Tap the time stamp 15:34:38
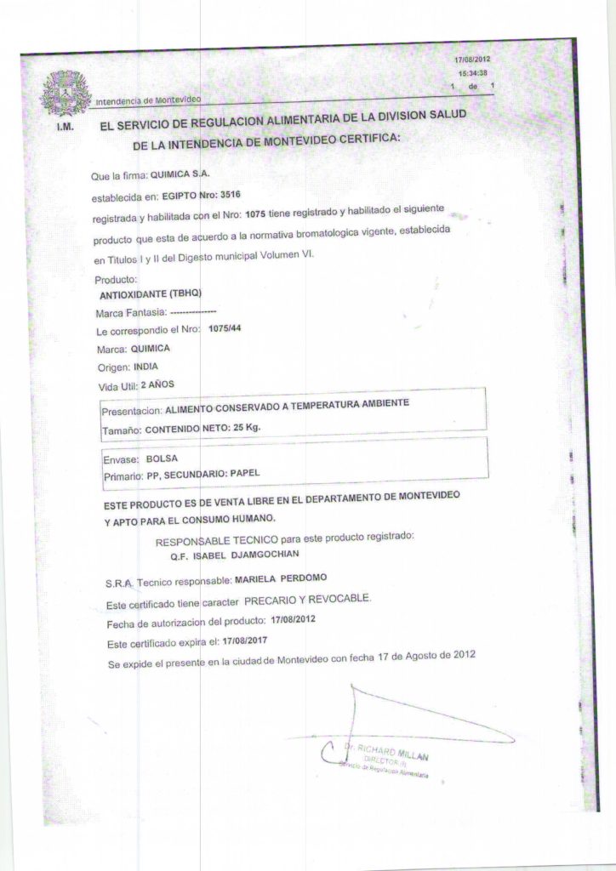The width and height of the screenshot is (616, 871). point(472,73)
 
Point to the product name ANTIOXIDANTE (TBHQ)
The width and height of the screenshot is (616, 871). point(150,293)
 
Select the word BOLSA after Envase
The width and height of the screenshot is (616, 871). point(163,458)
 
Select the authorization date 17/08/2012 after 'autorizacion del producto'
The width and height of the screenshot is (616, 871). point(290,618)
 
